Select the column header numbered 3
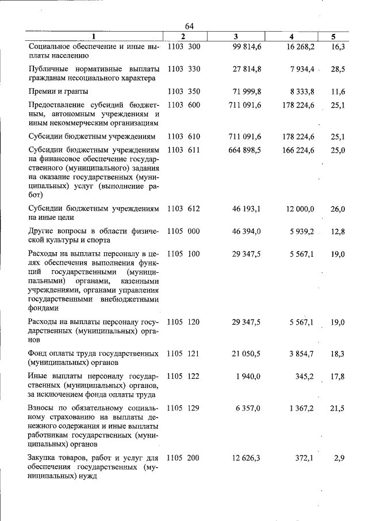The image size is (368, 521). click(x=236, y=37)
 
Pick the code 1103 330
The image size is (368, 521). click(x=183, y=69)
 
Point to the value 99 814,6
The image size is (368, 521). click(x=247, y=46)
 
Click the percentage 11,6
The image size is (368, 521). click(x=338, y=92)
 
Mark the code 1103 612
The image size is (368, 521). click(x=183, y=208)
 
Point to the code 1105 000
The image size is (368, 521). click(x=183, y=231)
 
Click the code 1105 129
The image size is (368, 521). click(x=183, y=408)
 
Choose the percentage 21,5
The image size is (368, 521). click(x=338, y=408)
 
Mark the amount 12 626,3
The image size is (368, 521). click(x=247, y=458)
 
